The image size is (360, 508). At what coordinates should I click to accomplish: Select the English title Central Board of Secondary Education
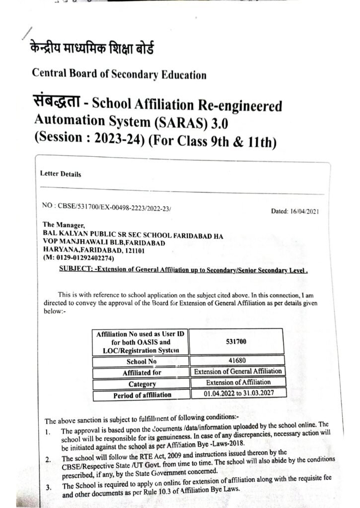click(x=119, y=75)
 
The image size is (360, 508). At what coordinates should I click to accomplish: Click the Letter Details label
click(x=61, y=174)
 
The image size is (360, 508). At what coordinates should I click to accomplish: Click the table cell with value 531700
click(x=236, y=342)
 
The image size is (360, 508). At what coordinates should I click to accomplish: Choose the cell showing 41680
click(x=236, y=362)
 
